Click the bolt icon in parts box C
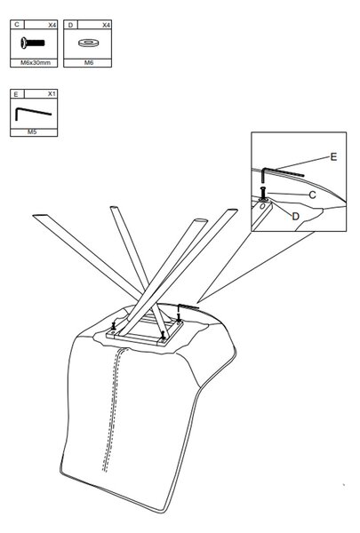(32, 43)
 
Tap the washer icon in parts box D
(88, 43)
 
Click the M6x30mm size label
(36, 63)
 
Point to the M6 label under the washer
(89, 63)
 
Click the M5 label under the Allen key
(32, 131)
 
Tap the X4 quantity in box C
(52, 25)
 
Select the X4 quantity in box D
(106, 25)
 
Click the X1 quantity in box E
(52, 94)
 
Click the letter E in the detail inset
(333, 156)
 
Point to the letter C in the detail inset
(312, 195)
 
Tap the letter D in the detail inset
(296, 216)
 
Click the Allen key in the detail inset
(283, 171)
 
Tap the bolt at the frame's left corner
(114, 326)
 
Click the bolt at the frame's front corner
(164, 335)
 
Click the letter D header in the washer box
(70, 25)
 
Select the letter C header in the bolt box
(17, 25)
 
